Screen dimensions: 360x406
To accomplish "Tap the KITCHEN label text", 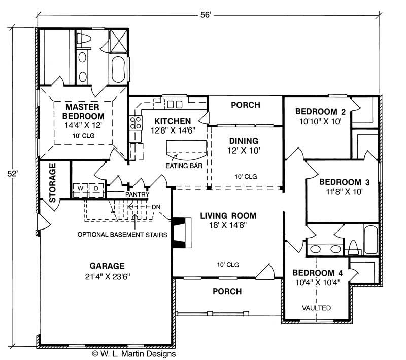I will [173, 121].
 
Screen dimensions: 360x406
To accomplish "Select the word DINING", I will [244, 141].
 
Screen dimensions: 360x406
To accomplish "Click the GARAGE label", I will [107, 266].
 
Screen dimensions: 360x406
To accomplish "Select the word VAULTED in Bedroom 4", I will [316, 308].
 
